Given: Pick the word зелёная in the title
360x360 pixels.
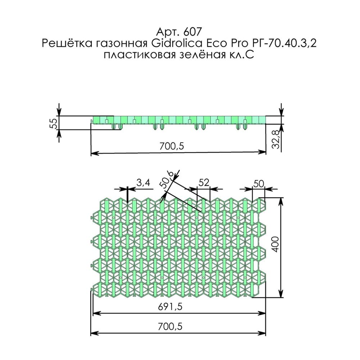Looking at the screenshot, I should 202,56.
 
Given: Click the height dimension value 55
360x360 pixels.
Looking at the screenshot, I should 53,123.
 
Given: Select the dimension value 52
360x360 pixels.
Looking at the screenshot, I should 204,183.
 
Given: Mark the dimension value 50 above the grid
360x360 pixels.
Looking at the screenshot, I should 258,183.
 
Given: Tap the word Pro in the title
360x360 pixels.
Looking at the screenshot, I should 235,44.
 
